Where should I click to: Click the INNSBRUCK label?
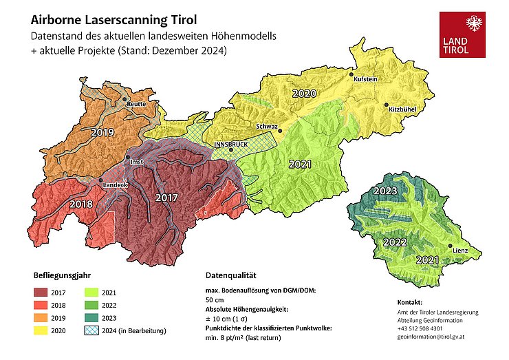point(230,145)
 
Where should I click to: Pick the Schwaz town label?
point(266,127)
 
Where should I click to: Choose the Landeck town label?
point(114,185)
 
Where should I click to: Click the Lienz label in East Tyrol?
point(460,250)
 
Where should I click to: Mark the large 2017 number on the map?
point(166,198)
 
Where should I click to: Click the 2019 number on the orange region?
point(102,131)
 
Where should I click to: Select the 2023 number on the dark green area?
point(385,191)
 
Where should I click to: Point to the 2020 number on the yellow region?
point(304,93)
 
